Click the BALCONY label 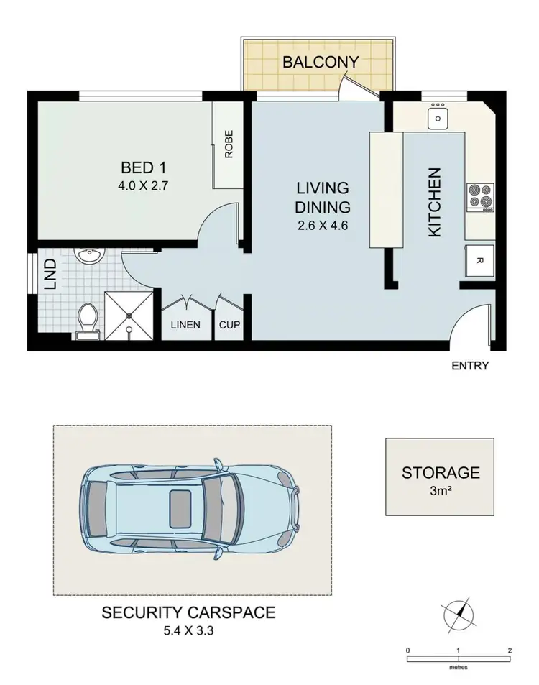pos(320,62)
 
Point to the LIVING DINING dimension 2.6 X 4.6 pos(323,224)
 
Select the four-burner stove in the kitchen pos(479,196)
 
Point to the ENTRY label pos(470,366)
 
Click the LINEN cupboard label pos(185,325)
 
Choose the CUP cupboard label pos(230,325)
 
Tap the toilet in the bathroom pos(88,317)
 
